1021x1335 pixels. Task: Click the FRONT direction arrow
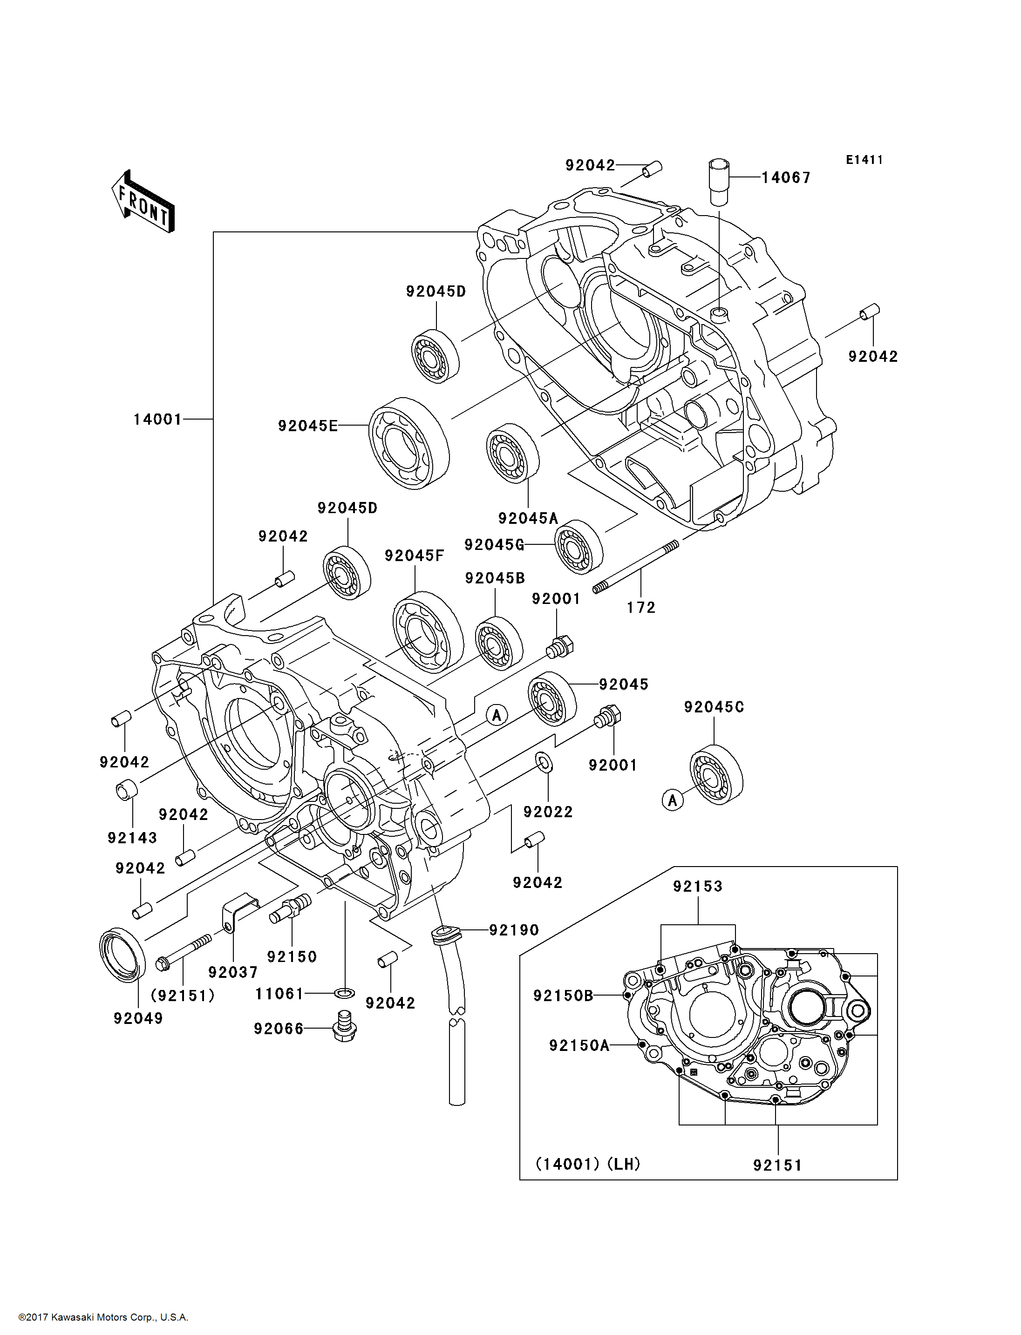143,202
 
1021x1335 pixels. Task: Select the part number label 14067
786,177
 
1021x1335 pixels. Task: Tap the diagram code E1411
864,160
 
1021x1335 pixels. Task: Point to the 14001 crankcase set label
157,419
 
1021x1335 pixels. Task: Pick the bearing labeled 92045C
716,774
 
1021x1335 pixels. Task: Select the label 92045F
415,556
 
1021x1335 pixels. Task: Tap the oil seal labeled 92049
122,955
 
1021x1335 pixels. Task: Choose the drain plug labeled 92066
345,1026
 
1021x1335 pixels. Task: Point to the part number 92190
514,930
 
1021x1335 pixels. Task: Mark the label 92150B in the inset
563,996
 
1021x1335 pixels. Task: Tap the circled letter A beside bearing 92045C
672,800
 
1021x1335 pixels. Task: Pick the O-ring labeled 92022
545,762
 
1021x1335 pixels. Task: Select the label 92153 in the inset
698,886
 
